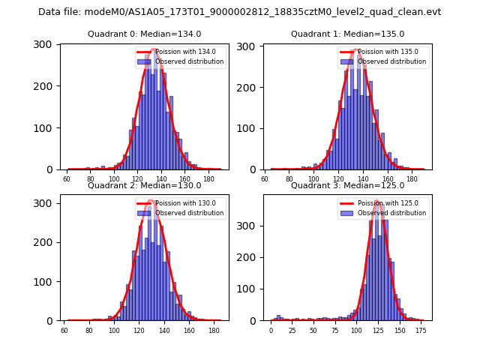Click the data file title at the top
(x=239, y=12)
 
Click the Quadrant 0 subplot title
(x=144, y=34)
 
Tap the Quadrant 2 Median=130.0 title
(x=144, y=185)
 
